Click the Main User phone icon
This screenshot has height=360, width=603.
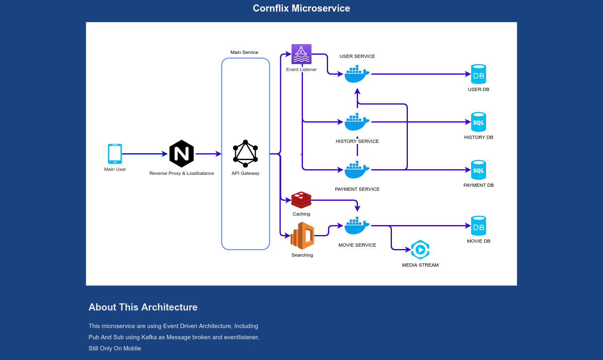[115, 154]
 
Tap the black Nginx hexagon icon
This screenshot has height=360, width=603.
[182, 154]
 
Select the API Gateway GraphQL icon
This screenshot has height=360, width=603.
[245, 154]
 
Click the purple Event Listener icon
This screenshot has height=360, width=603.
[301, 54]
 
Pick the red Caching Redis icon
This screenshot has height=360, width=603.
[301, 200]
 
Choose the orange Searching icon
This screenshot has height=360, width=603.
[302, 236]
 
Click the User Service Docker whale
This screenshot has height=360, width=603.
[357, 74]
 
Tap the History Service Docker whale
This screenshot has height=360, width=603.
[357, 122]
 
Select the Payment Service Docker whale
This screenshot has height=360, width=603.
[357, 170]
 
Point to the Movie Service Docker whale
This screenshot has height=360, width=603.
[357, 226]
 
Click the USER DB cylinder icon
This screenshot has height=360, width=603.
[478, 74]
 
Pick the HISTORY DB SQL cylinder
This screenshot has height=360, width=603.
[478, 122]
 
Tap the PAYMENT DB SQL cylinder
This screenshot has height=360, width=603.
[478, 170]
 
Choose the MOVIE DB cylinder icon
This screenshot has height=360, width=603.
[478, 226]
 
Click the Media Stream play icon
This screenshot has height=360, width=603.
[420, 250]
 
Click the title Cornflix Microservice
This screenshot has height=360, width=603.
[301, 8]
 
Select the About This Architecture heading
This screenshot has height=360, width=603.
[143, 307]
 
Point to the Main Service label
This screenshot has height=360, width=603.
[244, 52]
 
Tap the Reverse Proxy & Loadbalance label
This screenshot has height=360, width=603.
[182, 173]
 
